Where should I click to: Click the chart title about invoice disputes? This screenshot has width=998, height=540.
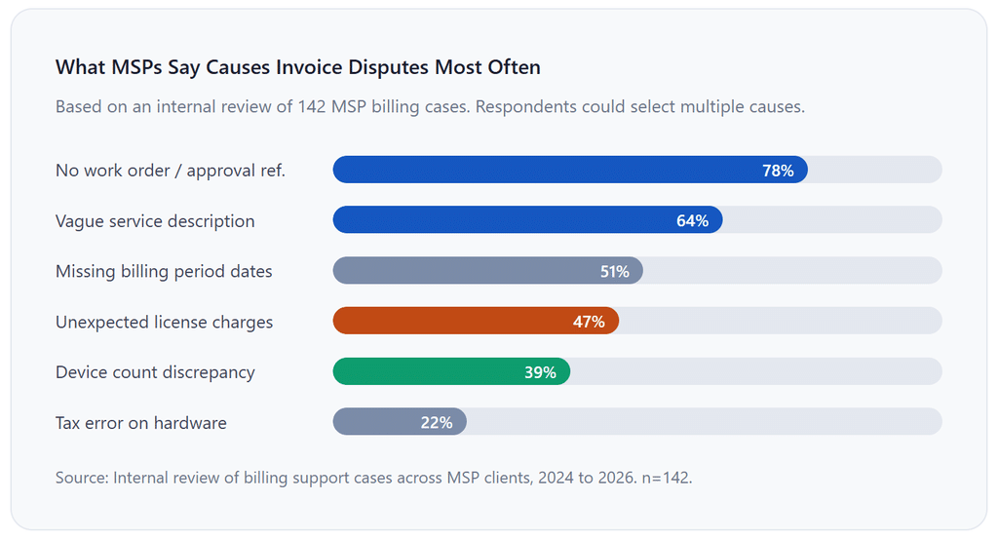(298, 67)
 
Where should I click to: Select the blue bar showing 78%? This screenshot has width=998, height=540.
(570, 170)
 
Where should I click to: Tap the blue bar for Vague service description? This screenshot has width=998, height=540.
(527, 220)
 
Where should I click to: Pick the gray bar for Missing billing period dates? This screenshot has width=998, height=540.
(487, 271)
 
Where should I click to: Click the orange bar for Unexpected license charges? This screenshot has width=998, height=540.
(476, 321)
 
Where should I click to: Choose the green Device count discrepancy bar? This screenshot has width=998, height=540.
(451, 371)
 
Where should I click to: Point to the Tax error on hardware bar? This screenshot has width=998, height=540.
(400, 421)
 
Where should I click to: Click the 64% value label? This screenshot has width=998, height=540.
(693, 221)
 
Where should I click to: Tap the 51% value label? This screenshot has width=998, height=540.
(615, 272)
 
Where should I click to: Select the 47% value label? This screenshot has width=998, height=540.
(589, 323)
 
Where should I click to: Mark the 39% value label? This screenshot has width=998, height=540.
(540, 372)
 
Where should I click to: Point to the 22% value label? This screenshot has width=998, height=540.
(437, 423)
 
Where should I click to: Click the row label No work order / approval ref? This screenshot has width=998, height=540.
(171, 171)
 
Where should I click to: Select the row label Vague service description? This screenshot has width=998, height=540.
(155, 221)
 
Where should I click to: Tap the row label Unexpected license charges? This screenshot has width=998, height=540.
(164, 323)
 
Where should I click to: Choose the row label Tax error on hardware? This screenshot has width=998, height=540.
(141, 423)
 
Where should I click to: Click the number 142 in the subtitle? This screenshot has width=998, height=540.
(312, 106)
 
